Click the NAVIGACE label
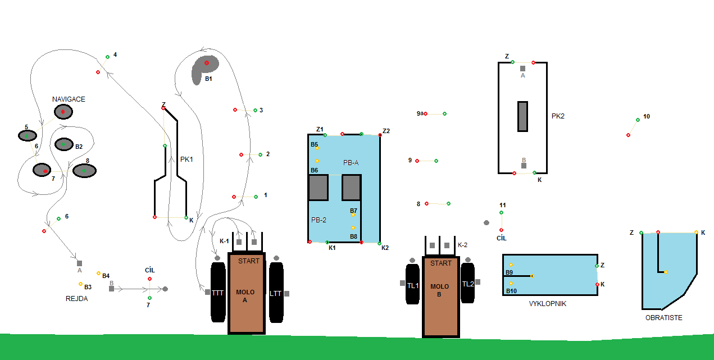(x=69, y=99)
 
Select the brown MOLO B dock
(x=440, y=297)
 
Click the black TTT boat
(x=217, y=293)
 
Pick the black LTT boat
(x=275, y=293)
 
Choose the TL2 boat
(x=468, y=284)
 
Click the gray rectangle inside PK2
(x=522, y=116)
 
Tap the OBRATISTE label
(x=664, y=317)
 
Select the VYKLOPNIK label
(x=547, y=303)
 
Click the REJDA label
(x=77, y=299)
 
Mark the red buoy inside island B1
(x=207, y=63)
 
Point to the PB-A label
(x=351, y=162)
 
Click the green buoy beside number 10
(x=638, y=120)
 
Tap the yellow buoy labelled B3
(x=80, y=284)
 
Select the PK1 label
(x=187, y=159)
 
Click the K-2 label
(x=463, y=245)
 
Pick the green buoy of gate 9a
(x=444, y=113)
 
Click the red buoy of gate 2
(x=241, y=154)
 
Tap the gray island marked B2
(x=63, y=144)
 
